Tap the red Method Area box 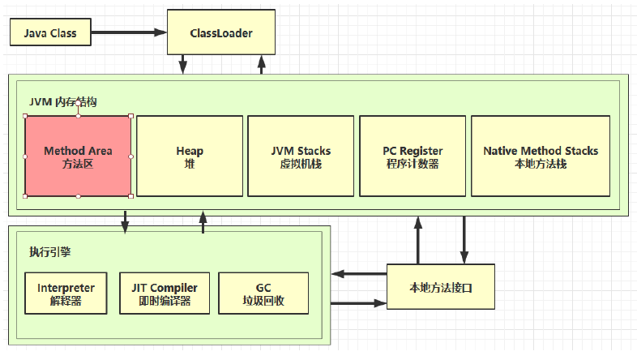78,156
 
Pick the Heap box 190,156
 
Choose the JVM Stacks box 301,156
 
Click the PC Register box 413,156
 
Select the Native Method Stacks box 540,156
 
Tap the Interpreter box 66,294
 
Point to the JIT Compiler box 165,294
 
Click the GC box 263,294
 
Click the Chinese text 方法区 78,163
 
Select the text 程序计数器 413,163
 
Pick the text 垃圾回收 263,301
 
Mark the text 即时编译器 165,301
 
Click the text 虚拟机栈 301,163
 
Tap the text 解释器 66,301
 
